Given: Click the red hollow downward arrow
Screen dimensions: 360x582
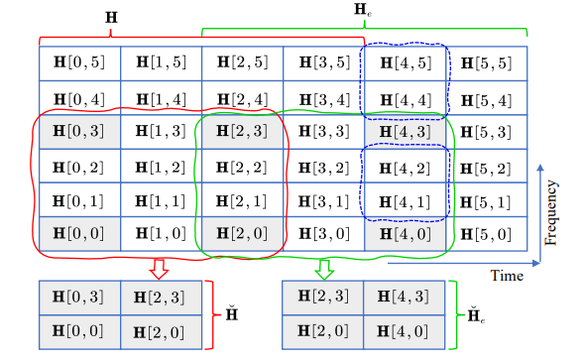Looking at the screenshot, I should pos(159,268).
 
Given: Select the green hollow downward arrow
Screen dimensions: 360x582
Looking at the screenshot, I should pos(324,268).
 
